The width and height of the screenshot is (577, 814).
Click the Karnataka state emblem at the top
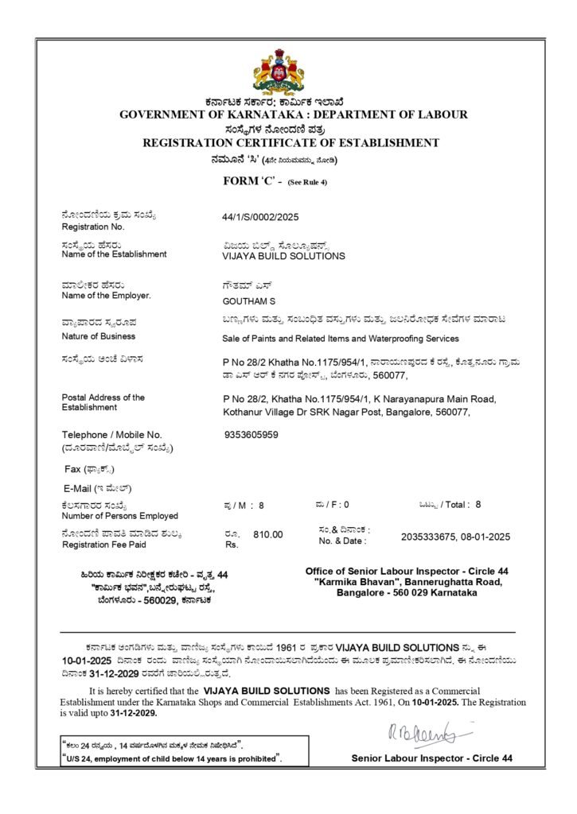click(279, 72)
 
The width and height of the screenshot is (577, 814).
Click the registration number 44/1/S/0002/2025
click(260, 216)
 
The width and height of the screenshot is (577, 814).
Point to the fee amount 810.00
click(268, 534)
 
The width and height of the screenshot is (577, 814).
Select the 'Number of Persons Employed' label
click(119, 516)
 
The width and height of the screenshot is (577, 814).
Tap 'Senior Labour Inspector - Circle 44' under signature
click(432, 758)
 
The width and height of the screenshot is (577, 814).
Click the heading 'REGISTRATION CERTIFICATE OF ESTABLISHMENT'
click(290, 143)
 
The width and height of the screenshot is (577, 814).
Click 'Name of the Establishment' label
click(114, 254)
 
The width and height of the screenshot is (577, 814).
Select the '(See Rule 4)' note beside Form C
click(307, 183)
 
